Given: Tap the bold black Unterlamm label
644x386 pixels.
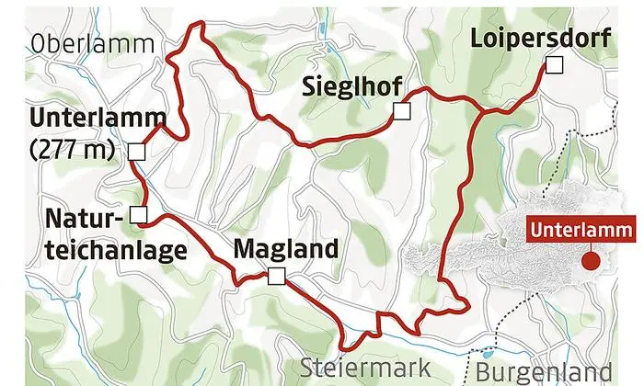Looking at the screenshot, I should [x=97, y=119].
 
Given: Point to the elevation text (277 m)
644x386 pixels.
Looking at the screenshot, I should [x=69, y=150].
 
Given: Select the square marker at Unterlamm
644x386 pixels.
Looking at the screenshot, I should [x=136, y=152].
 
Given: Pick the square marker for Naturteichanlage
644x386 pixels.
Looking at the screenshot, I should [x=138, y=215].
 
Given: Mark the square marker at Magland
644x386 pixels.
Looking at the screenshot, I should [x=277, y=275].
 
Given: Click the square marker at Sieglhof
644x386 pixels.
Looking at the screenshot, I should [x=401, y=111].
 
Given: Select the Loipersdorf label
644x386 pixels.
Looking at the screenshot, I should [x=529, y=39].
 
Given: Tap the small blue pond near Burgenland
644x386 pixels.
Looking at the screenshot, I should [x=487, y=354].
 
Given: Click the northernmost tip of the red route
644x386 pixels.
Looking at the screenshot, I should [x=193, y=25].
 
